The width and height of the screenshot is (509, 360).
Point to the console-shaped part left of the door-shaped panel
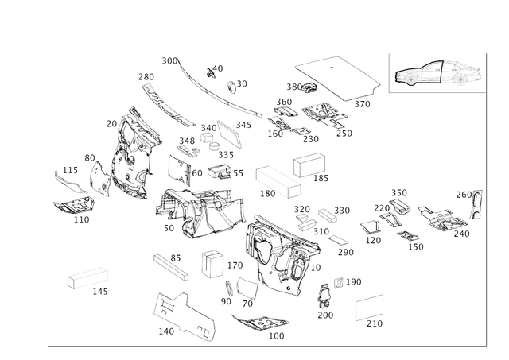(195, 213)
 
